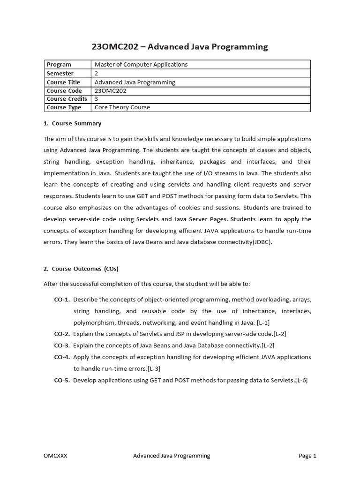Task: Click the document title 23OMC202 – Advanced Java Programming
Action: [x=180, y=46]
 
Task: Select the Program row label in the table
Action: [x=59, y=65]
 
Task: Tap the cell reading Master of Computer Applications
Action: [x=141, y=65]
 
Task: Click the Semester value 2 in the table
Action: [x=97, y=74]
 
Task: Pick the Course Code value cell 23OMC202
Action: [x=111, y=90]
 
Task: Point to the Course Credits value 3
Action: [x=97, y=99]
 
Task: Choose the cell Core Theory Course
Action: [x=122, y=107]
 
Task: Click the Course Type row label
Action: [x=64, y=107]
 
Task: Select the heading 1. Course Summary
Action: [x=72, y=124]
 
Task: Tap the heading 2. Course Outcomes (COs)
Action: [x=81, y=269]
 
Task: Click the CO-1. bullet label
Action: [x=62, y=300]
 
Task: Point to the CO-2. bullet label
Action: [x=62, y=334]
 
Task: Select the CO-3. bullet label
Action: [x=62, y=345]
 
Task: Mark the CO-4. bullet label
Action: [x=62, y=357]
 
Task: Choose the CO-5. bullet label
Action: [x=62, y=380]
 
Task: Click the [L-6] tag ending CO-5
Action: [x=301, y=380]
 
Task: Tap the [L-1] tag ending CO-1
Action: [x=263, y=322]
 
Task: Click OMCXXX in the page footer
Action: [x=55, y=456]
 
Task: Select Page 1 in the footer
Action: [x=307, y=456]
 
